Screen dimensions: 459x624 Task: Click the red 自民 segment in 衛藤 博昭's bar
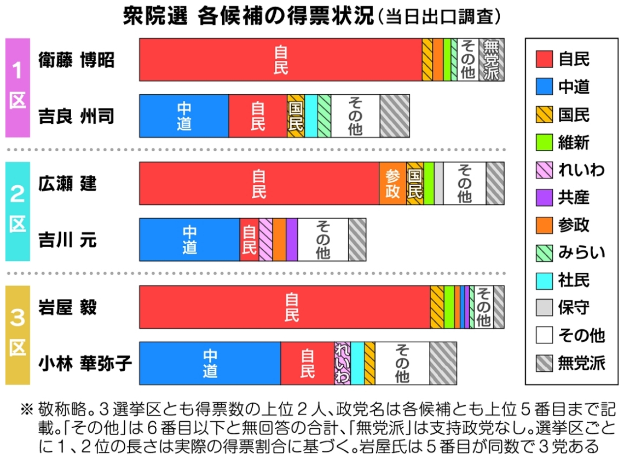click(x=280, y=60)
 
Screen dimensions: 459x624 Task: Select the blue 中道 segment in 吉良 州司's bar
click(x=184, y=116)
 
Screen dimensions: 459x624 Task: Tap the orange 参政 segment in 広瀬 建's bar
click(x=392, y=183)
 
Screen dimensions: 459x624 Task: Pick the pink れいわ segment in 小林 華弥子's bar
click(x=342, y=363)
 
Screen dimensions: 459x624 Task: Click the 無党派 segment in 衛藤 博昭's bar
click(x=492, y=60)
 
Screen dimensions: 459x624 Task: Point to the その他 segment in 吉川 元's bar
click(x=322, y=239)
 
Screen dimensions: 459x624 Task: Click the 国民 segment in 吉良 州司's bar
click(x=296, y=116)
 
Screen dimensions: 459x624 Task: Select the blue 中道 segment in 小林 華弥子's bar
click(x=210, y=363)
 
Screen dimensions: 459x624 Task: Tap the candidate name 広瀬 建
click(x=67, y=183)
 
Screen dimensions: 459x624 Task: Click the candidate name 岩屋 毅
click(x=67, y=307)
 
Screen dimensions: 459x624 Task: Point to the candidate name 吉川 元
click(x=67, y=240)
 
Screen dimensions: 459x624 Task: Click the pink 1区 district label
click(x=18, y=87)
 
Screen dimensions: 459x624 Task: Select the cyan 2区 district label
click(x=18, y=211)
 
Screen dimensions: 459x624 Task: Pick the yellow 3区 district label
click(x=18, y=335)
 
